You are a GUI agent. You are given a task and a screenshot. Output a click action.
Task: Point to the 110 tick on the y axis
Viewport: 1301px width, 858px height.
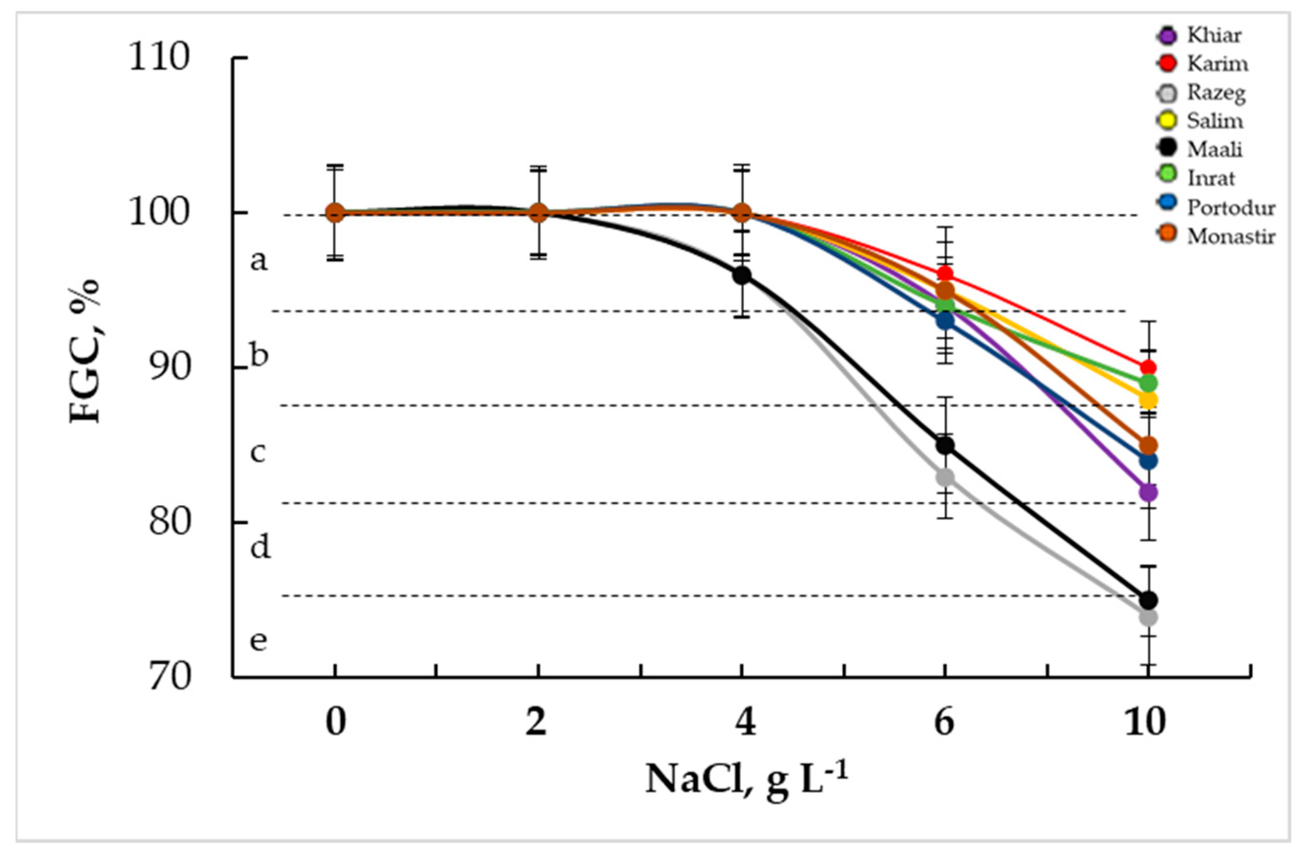pos(159,57)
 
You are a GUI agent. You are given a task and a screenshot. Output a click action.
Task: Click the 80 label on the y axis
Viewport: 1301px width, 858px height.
pos(169,522)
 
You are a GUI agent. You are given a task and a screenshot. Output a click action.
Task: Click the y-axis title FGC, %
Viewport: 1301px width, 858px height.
pos(85,350)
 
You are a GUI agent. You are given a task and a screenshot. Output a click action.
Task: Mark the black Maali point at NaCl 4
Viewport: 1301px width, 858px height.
pos(742,275)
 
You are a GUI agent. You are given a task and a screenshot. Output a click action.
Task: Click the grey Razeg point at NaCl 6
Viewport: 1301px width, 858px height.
pos(945,477)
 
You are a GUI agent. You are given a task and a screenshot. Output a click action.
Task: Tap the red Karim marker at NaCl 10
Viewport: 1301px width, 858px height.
pos(1148,368)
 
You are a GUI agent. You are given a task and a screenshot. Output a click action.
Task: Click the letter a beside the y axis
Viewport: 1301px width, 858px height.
pos(259,261)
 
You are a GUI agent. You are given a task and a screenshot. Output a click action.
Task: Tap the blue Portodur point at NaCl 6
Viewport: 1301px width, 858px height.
pos(945,321)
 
